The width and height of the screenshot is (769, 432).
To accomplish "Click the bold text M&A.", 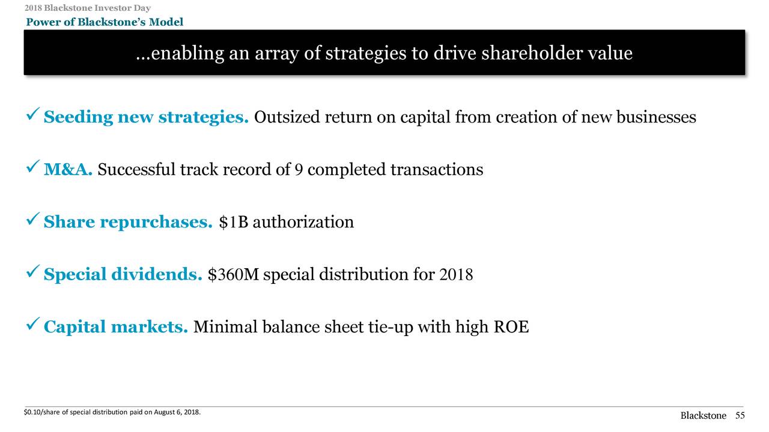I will (x=68, y=170).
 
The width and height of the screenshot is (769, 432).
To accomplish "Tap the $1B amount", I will (x=233, y=223).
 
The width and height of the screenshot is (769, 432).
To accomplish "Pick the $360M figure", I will (x=233, y=275).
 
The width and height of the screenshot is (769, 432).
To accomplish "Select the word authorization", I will (x=303, y=223).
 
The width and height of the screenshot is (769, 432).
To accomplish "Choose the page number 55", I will (x=740, y=416).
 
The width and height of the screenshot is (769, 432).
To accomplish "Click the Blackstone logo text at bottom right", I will (x=704, y=416).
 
